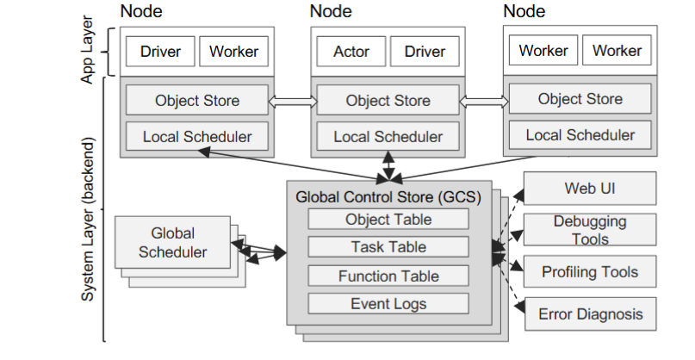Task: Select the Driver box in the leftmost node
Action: click(x=160, y=52)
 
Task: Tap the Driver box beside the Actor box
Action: click(x=425, y=52)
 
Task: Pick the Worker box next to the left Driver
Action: click(x=233, y=52)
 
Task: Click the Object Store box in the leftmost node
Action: click(x=197, y=101)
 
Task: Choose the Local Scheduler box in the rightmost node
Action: click(x=580, y=134)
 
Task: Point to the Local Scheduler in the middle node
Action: click(x=388, y=136)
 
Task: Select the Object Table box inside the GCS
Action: click(x=388, y=219)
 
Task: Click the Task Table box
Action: click(x=388, y=247)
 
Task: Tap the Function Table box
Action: click(x=388, y=276)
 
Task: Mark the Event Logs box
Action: click(x=388, y=303)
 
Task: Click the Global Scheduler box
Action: click(x=172, y=243)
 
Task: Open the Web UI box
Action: click(x=590, y=188)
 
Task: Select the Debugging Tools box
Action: click(x=590, y=230)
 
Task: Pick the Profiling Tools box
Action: click(x=590, y=272)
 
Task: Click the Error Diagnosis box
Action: click(x=590, y=314)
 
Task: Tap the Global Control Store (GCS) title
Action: click(x=388, y=196)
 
